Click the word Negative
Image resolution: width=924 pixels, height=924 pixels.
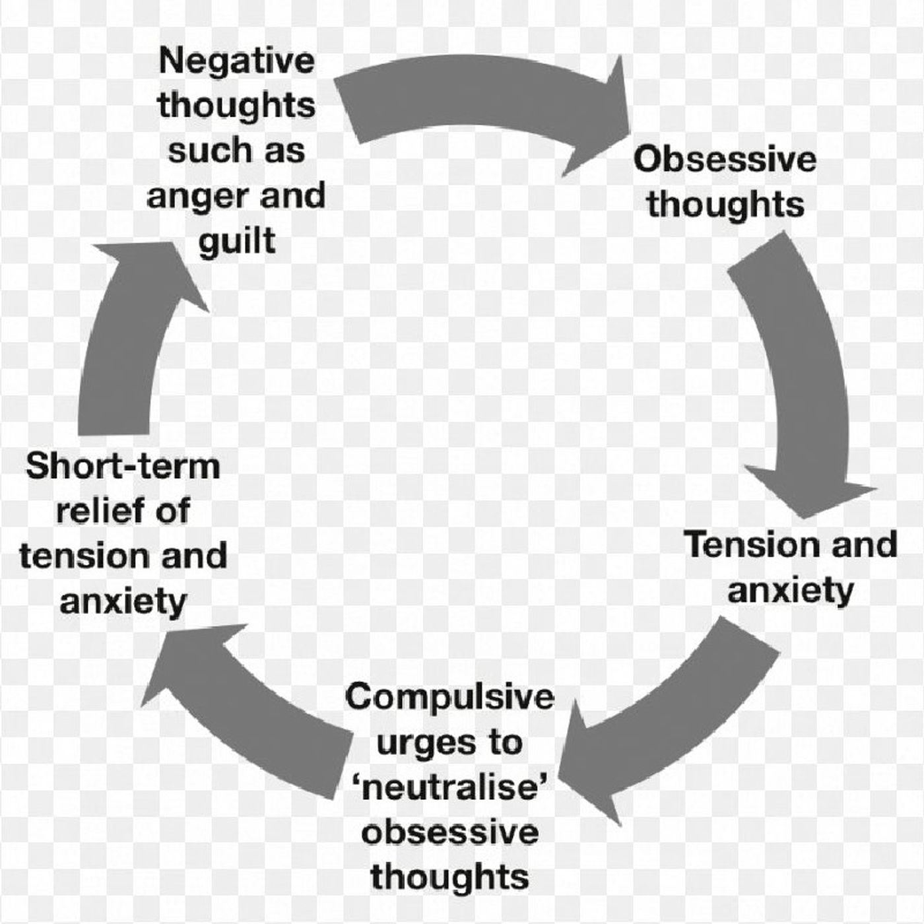237,61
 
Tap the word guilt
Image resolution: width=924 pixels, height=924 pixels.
237,241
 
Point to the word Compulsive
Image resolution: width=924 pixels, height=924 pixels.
450,697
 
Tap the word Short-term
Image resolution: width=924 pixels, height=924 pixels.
123,466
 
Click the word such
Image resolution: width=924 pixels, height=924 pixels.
201,150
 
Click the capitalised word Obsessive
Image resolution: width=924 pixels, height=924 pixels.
725,159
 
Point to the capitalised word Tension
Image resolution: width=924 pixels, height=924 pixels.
748,545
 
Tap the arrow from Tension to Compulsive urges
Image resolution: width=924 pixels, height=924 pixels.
680,713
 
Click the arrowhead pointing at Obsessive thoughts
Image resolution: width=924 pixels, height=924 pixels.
601,119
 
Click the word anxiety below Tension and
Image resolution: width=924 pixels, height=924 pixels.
791,590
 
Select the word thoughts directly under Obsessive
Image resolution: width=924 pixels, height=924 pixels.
725,204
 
